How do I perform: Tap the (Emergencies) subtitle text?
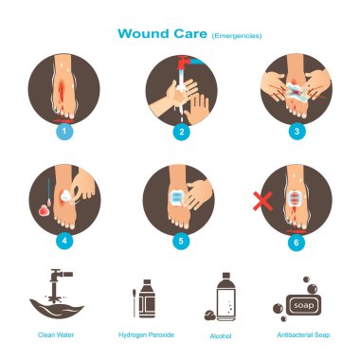click(237, 35)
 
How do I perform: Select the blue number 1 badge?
click(64, 131)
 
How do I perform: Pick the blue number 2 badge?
click(181, 131)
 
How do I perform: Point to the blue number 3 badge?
click(297, 131)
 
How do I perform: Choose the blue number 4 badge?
click(64, 241)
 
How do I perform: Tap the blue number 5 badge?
click(181, 241)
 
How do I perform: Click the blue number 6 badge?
click(297, 243)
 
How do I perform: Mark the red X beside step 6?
click(262, 201)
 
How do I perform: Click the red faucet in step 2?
click(184, 63)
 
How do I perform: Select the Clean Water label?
click(56, 334)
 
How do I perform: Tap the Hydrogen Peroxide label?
click(146, 334)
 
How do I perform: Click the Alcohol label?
click(221, 336)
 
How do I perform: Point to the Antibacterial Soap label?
click(303, 334)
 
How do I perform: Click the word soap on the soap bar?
click(303, 305)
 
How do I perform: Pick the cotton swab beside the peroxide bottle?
click(135, 303)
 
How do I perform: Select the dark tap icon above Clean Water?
click(59, 286)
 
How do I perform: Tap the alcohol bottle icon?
click(225, 297)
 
